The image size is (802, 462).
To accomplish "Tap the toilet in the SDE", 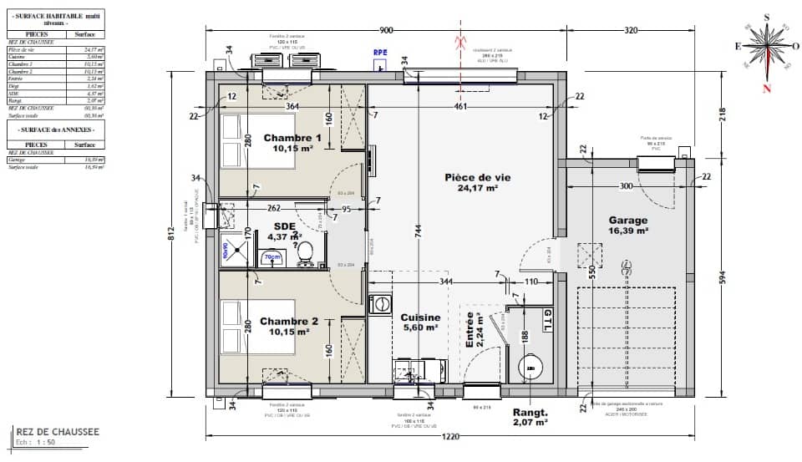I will tap(306, 251).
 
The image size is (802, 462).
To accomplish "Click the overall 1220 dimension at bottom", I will tap(453, 436).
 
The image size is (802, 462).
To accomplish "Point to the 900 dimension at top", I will tap(386, 30).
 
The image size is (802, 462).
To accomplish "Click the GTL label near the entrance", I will tap(547, 318).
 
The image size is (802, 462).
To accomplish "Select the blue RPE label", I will tap(381, 52).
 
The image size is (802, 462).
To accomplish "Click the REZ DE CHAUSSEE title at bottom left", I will tap(57, 432).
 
